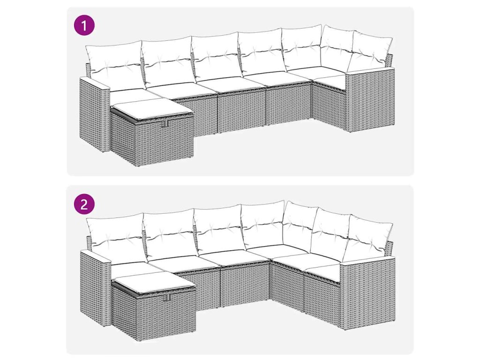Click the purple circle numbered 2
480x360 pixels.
coord(84,204)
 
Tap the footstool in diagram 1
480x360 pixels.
coord(152,132)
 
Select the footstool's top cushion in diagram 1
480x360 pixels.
coord(152,110)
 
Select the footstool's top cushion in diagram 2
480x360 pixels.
coord(153,282)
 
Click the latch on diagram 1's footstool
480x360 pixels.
coord(166,123)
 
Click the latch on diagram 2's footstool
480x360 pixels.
coord(168,297)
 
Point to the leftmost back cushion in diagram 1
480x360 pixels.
coord(114,65)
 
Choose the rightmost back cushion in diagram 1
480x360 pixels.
coord(371,51)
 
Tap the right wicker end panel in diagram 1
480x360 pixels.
coord(370,99)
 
